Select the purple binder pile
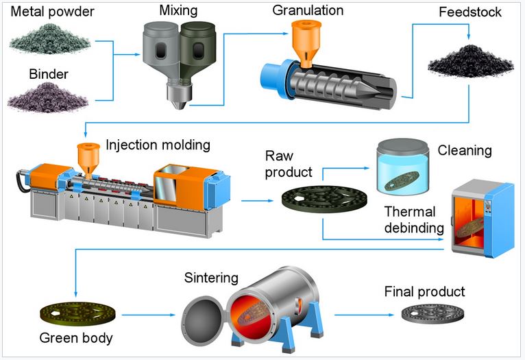tap(48, 98)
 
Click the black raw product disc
tap(321, 200)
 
